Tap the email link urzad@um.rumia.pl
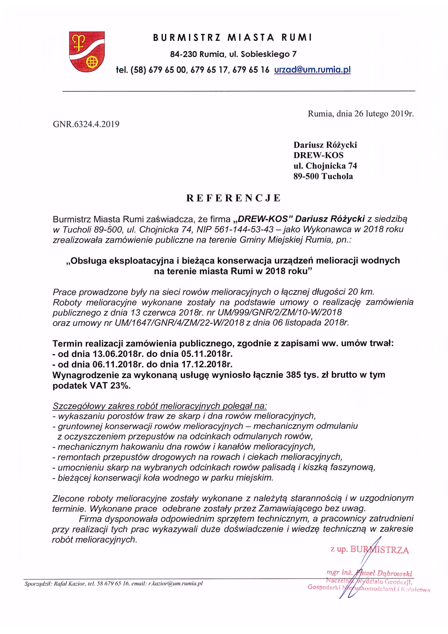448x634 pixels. [x=312, y=70]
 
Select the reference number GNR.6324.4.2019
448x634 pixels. [x=86, y=124]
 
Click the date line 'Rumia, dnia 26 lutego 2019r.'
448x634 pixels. [x=360, y=114]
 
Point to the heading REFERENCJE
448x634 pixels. [x=233, y=198]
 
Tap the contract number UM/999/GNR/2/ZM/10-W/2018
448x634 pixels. [x=280, y=312]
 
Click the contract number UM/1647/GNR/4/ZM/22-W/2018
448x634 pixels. [x=179, y=323]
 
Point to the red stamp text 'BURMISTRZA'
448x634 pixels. [x=379, y=550]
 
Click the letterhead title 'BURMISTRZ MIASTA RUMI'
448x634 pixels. [x=233, y=38]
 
